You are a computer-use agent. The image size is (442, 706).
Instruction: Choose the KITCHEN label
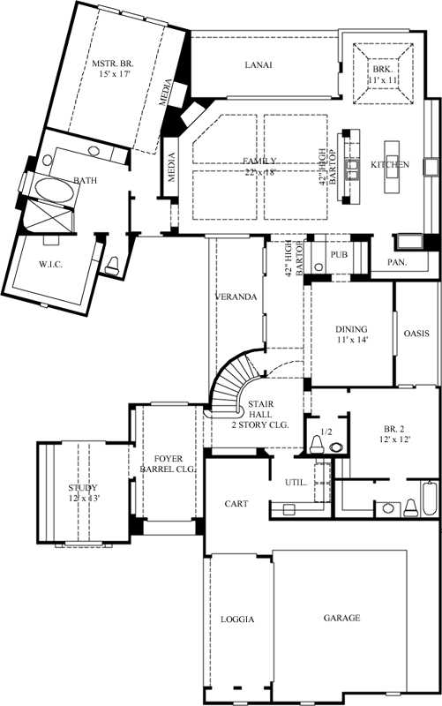389,165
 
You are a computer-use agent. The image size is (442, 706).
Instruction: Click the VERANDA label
236,297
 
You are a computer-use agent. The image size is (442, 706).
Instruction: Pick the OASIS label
416,334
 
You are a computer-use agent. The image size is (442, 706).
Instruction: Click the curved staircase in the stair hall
231,384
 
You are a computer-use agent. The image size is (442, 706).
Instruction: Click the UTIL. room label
295,483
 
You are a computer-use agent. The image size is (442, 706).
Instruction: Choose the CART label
235,504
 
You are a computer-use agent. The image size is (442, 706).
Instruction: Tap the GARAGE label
341,618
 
